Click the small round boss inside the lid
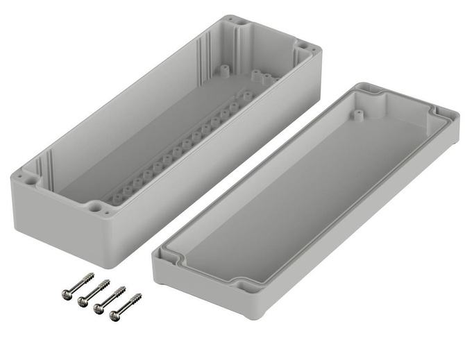[x=359, y=111]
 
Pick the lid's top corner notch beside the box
[x=366, y=90]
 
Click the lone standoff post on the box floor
[x=224, y=70]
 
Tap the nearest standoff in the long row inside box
[x=117, y=198]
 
